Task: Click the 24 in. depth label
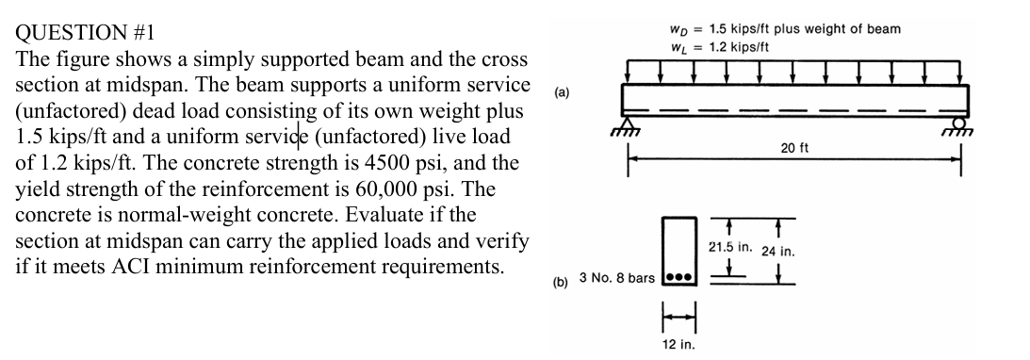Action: (x=778, y=252)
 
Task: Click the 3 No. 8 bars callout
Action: (x=617, y=280)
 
